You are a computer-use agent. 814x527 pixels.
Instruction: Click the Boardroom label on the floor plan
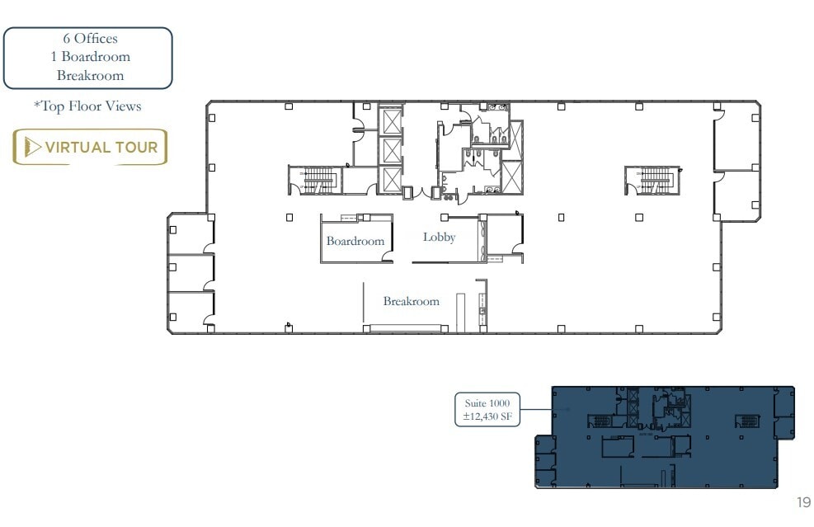tap(355, 242)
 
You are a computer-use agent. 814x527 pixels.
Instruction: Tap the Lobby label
tap(440, 238)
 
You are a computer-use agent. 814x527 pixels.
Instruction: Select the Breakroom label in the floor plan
tap(411, 302)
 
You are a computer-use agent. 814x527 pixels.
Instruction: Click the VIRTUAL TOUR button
tap(90, 148)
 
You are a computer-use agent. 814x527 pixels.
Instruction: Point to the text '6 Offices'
tap(89, 39)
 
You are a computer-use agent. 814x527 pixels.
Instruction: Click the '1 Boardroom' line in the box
tap(89, 57)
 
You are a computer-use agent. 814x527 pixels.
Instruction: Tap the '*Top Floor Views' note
tap(87, 106)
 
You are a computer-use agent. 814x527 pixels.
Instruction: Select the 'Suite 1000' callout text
tap(487, 403)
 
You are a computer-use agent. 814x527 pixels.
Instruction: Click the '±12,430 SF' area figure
tap(487, 417)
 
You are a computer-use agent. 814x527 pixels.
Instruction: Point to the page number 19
tap(803, 502)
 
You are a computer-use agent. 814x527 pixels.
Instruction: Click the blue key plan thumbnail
tap(665, 437)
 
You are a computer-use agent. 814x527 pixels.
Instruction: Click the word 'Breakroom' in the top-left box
tap(89, 76)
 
